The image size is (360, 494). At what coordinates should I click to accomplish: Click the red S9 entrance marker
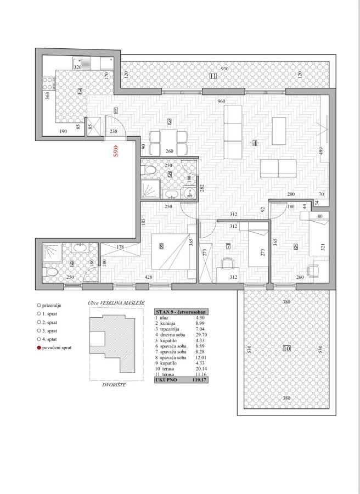[116, 151]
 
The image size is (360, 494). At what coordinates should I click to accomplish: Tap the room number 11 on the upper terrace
[213, 76]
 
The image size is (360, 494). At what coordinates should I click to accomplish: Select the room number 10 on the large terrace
[286, 349]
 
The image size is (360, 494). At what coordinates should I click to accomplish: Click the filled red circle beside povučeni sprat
[39, 348]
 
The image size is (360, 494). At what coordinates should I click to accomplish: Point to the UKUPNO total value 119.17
[199, 380]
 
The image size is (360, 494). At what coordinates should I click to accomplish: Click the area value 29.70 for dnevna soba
[201, 335]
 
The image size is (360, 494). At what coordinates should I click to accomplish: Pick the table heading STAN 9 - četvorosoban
[181, 312]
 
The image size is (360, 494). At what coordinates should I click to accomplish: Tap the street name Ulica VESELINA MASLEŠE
[116, 303]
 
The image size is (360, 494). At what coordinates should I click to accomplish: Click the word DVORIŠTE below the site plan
[114, 385]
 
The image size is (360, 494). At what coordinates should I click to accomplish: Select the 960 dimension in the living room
[222, 101]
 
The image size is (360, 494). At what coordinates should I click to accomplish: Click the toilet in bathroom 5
[150, 171]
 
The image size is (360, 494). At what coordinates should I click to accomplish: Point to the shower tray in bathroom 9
[52, 252]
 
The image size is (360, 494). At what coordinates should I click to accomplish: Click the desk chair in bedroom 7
[227, 263]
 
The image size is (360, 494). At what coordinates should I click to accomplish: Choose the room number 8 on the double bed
[161, 246]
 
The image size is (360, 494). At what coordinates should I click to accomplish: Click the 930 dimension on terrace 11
[224, 69]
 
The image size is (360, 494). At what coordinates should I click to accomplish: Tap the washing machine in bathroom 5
[189, 192]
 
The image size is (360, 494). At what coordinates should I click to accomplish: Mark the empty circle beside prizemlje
[39, 305]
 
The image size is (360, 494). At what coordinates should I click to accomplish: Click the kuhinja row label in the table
[167, 323]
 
